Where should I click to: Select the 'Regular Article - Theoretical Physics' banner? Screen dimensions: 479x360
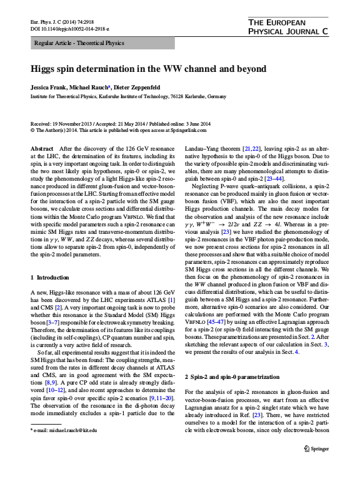point(77,43)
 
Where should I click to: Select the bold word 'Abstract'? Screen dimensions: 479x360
point(42,149)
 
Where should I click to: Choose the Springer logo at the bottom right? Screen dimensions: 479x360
point(316,466)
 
